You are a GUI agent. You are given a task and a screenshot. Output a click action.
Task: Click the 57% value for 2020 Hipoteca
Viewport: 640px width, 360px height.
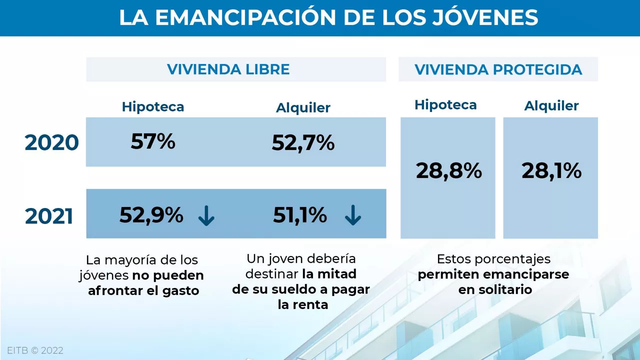153,141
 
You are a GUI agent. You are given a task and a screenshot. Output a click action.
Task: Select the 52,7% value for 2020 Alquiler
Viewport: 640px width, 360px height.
303,143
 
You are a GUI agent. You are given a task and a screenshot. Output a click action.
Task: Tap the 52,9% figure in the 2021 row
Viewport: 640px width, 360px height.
151,215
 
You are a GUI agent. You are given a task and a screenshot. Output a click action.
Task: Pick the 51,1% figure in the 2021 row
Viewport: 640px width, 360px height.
300,215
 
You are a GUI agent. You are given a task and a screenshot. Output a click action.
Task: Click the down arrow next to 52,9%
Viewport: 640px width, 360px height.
206,216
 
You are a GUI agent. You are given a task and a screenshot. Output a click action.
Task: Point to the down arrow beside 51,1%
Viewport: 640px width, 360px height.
353,216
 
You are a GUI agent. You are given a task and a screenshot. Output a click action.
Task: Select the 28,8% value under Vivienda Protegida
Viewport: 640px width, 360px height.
448,171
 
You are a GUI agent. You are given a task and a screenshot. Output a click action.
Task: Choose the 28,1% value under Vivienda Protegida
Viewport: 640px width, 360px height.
551,171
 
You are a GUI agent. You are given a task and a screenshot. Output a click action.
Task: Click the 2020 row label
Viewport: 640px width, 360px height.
52,143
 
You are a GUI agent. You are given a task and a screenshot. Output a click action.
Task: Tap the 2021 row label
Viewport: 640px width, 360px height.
49,216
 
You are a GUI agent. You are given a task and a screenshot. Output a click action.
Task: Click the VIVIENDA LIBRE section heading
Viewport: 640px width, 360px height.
228,69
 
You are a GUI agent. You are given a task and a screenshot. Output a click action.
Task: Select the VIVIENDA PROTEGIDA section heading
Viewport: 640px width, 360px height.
498,69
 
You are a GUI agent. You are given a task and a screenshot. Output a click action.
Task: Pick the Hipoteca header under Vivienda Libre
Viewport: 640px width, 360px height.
153,106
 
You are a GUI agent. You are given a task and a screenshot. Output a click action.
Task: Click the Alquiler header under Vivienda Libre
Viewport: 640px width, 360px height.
303,107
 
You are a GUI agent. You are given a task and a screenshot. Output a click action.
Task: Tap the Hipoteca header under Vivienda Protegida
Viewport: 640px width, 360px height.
445,104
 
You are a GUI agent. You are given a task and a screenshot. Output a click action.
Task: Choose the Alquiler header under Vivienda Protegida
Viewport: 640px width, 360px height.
551,105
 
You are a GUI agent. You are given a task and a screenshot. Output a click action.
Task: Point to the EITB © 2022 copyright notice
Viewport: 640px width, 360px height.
35,350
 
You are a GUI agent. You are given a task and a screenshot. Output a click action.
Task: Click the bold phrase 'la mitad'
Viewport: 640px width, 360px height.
329,274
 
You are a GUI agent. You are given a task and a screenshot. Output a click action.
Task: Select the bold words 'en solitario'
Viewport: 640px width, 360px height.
494,289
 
